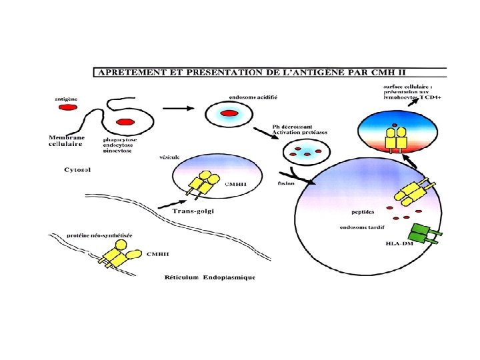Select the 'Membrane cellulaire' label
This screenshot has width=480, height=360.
point(66,141)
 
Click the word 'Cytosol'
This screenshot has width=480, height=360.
point(77,170)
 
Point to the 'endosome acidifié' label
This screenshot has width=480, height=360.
point(253,97)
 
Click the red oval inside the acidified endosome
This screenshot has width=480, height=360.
point(229,115)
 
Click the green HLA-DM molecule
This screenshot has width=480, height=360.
point(423,233)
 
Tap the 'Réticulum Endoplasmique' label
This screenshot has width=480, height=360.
point(210,277)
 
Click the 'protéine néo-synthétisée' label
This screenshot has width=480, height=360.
point(99,235)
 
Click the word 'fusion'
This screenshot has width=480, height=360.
point(286,183)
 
